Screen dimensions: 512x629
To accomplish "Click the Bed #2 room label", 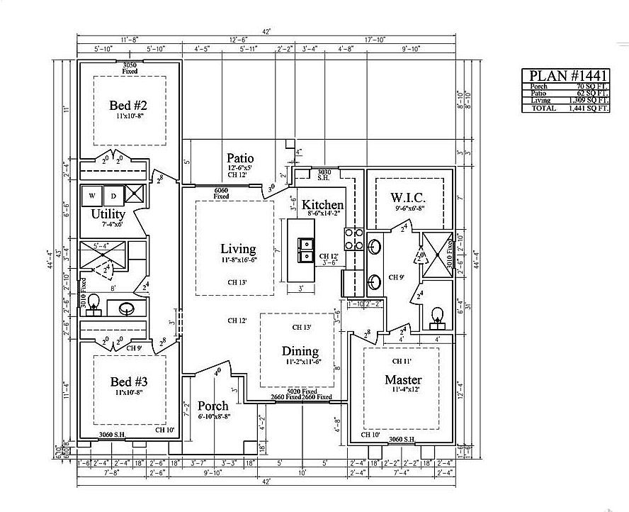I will click(x=128, y=106).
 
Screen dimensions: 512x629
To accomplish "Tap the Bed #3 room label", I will click(x=128, y=381).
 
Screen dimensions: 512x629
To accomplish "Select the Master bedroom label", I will click(x=403, y=379).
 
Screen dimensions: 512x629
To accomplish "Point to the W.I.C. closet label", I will click(x=409, y=196).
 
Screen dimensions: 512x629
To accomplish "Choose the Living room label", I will click(x=237, y=248).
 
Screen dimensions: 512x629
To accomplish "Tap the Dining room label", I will click(x=300, y=351).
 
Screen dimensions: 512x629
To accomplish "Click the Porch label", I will click(x=213, y=406).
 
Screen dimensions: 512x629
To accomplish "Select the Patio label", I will click(x=241, y=157).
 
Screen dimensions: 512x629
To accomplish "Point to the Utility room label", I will click(x=108, y=213).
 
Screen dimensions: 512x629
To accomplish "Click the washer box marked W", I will click(x=92, y=195).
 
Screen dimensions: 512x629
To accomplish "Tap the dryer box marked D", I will click(x=113, y=195).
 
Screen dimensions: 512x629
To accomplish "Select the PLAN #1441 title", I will click(x=565, y=76).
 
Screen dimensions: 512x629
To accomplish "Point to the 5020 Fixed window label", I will click(x=300, y=391).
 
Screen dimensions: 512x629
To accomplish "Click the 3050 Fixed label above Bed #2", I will click(x=130, y=67).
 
